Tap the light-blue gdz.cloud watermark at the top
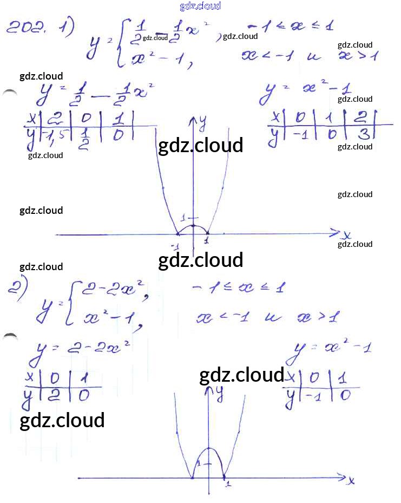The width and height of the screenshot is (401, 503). [200, 6]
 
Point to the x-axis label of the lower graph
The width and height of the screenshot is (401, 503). [351, 480]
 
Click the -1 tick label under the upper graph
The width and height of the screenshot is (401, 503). [175, 247]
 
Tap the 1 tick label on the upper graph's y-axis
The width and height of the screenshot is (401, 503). [184, 218]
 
